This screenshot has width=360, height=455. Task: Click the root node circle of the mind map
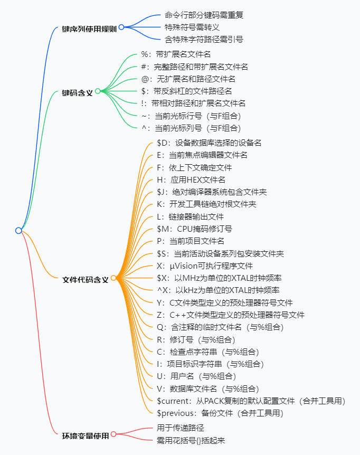(18, 231)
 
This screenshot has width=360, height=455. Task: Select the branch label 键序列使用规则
(89, 27)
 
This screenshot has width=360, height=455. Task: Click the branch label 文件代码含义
(85, 279)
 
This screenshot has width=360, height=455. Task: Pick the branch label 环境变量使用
(85, 435)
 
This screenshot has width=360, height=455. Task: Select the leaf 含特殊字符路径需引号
(200, 40)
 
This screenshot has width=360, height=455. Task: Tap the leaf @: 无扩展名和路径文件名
(188, 79)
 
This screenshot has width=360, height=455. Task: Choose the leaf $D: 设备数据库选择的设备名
(209, 143)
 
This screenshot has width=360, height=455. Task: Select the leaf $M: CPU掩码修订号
(194, 229)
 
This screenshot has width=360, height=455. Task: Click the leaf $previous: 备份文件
(220, 413)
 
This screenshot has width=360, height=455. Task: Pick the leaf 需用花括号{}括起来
(191, 440)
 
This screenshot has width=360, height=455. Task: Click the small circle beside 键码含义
(98, 91)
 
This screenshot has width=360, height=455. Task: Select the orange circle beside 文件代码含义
(113, 278)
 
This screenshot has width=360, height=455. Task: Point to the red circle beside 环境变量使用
(113, 434)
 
